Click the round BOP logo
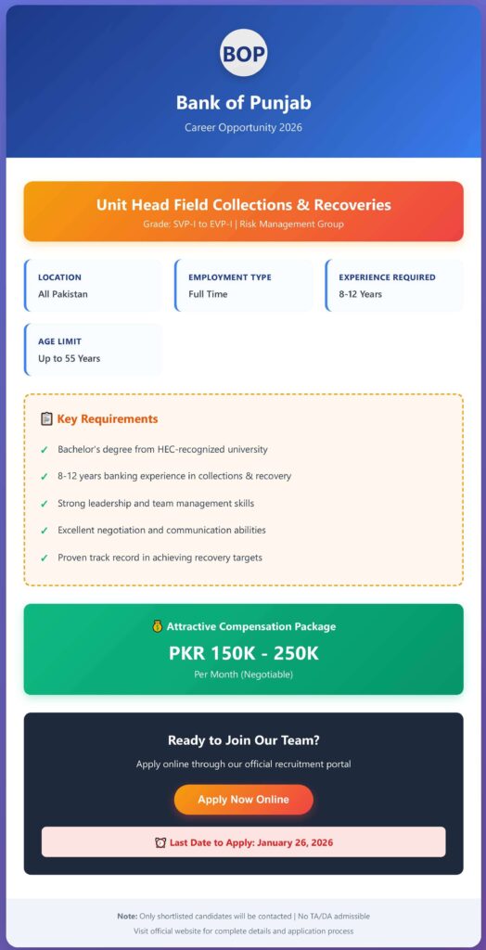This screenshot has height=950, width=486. (243, 52)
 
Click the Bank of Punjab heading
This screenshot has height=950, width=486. (243, 102)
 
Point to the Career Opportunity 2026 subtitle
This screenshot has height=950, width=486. (243, 127)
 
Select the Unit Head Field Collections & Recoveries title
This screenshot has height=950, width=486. (243, 205)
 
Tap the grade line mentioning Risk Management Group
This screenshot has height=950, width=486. (243, 225)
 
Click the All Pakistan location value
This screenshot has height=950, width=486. (63, 294)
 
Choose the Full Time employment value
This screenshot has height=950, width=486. (208, 294)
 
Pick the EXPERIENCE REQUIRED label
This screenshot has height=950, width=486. (387, 277)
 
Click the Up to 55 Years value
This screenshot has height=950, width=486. (70, 358)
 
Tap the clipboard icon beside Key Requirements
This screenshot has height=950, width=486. (46, 419)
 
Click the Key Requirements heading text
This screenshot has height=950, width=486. (108, 419)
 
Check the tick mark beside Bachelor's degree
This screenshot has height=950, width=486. (44, 450)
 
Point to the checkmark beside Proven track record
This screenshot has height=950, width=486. (44, 558)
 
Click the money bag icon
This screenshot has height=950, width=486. (157, 627)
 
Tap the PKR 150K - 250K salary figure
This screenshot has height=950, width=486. (243, 653)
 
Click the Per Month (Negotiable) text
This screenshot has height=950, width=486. (243, 674)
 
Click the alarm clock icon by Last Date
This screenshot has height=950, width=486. (160, 843)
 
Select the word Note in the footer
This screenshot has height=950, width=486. (127, 916)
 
